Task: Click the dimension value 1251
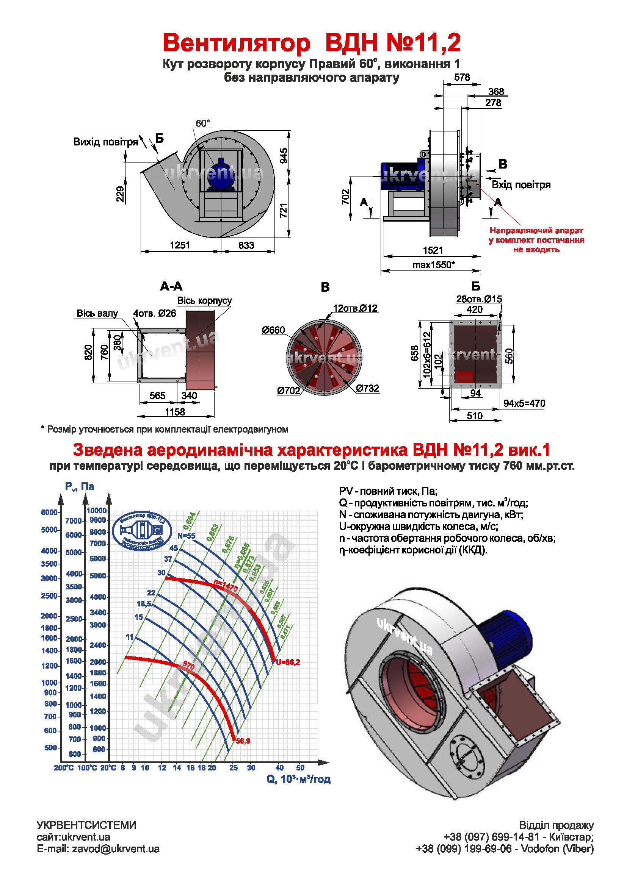(x=180, y=245)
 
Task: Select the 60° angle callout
(x=202, y=123)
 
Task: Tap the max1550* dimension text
(x=433, y=265)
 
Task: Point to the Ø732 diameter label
(x=367, y=388)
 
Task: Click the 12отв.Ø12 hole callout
(x=355, y=308)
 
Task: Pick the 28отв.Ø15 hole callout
(x=479, y=299)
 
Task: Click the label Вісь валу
(x=97, y=313)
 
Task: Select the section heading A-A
(x=171, y=286)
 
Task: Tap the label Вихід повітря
(x=105, y=142)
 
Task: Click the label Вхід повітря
(x=521, y=185)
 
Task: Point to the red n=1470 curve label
(x=226, y=586)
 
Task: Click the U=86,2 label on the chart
(x=288, y=662)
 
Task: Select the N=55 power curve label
(x=186, y=536)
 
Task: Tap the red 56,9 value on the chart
(x=243, y=741)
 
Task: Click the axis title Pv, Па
(x=79, y=487)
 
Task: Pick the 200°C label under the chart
(x=64, y=768)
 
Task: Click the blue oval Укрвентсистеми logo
(x=142, y=531)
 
